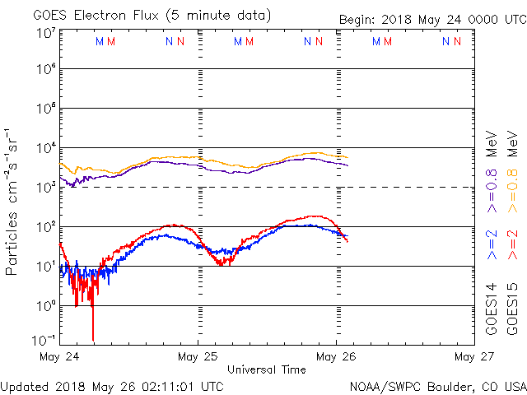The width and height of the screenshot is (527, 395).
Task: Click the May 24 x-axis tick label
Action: (59, 357)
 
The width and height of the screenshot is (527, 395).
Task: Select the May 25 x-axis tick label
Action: (198, 357)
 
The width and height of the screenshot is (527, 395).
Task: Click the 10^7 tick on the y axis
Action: (44, 31)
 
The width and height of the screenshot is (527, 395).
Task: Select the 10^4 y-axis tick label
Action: (44, 148)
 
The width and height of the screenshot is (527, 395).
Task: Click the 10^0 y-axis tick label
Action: (44, 306)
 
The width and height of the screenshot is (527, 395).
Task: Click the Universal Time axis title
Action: (266, 369)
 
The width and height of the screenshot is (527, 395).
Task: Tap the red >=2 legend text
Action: (512, 245)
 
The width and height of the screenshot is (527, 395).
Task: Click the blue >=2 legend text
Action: (492, 245)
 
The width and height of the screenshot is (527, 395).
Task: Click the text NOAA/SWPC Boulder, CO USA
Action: (436, 385)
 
